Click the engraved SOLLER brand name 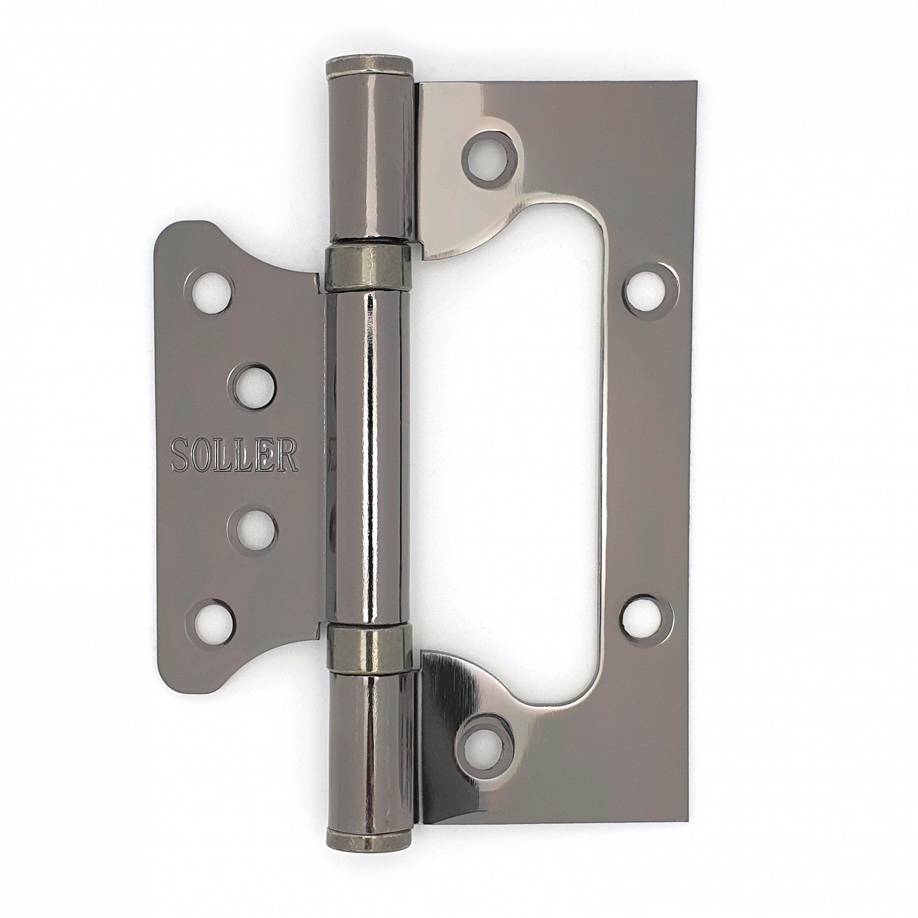(234, 455)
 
